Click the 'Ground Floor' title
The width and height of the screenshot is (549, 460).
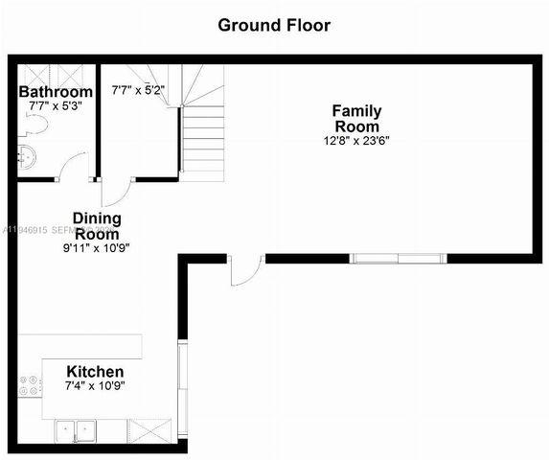[x=274, y=25]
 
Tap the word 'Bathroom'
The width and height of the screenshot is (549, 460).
[x=56, y=92]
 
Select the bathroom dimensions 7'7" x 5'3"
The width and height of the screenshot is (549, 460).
[x=56, y=105]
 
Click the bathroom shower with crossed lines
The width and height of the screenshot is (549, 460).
[x=56, y=73]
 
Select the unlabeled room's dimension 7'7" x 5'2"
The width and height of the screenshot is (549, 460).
[x=139, y=91]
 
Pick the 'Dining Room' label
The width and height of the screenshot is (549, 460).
[x=98, y=226]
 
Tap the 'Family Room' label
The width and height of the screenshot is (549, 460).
[x=355, y=118]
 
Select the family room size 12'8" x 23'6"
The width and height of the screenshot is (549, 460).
[x=355, y=140]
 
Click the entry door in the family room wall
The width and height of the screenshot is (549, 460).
[x=245, y=269]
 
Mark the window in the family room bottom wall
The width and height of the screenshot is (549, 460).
[x=397, y=257]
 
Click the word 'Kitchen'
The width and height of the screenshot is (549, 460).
[x=94, y=372]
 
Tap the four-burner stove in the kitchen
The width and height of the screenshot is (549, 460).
[x=31, y=386]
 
